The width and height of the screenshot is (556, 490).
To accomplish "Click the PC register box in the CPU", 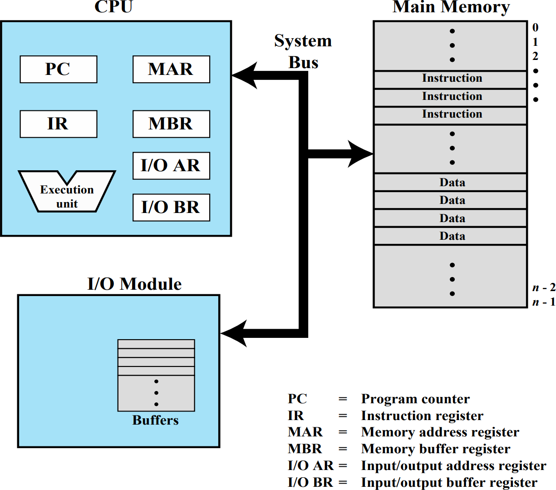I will coord(59,69).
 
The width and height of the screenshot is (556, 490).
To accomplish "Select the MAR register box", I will coord(171,69).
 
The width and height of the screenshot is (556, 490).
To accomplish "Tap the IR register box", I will coord(59,124).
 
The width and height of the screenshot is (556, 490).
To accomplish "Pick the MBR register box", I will coord(171,124).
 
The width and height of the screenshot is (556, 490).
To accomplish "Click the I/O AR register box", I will coord(171,166).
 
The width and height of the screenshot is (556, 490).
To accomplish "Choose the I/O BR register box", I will coord(171,208).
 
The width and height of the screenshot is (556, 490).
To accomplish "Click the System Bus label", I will coord(303,51).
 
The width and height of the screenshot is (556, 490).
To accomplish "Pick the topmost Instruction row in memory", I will coord(452,79).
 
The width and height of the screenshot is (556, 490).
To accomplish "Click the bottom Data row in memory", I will coord(452,236).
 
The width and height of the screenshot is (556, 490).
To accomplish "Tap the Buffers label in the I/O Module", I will coord(155,421).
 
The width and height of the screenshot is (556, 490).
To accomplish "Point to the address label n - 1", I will coord(543,302).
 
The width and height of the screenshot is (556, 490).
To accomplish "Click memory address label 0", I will coord(536,27).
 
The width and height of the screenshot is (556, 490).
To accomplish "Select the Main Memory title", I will coord(451,7).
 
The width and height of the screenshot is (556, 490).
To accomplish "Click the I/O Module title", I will coord(134,284).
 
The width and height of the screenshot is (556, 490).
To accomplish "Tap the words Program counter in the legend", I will coord(415,399).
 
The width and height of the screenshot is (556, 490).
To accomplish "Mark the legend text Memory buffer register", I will coord(435,449).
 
